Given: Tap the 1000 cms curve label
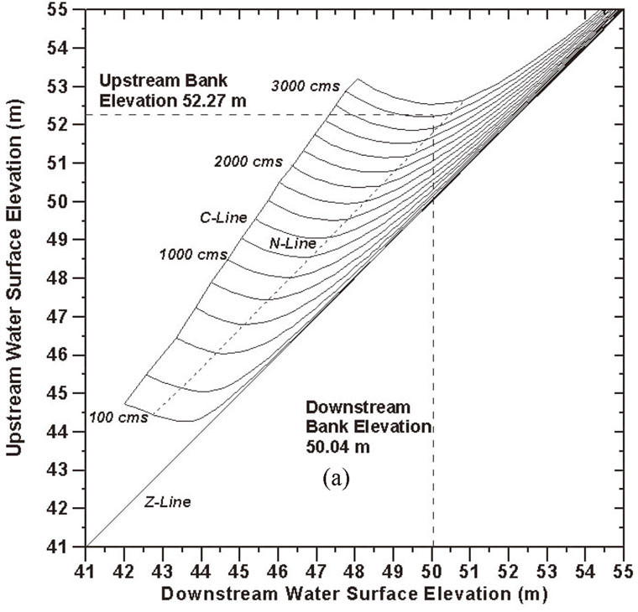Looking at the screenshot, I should coord(186,253).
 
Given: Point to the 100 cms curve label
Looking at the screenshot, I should coord(118,417).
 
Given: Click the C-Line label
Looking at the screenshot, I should coord(222,218).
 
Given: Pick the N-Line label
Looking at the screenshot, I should coord(292,243).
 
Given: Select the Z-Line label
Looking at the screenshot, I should coord(167,502).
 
